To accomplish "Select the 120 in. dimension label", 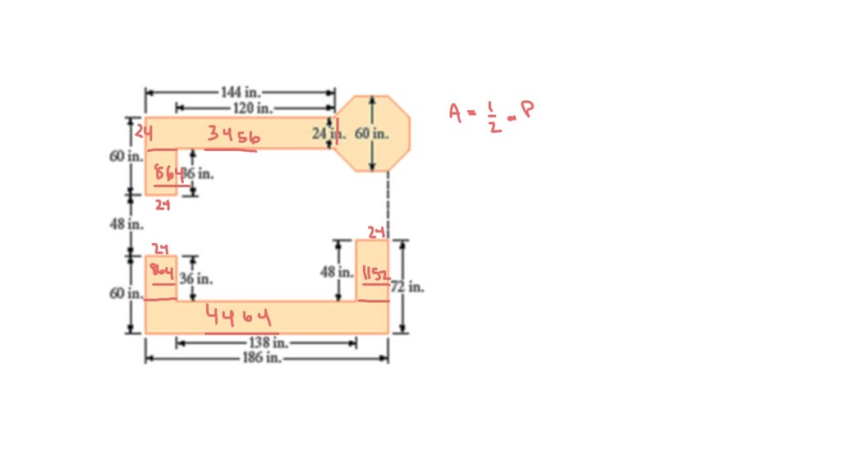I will pos(252,108).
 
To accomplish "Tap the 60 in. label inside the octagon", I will pos(372,133).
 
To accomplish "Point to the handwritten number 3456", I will pos(233,135).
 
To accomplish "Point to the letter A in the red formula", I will pos(456,113).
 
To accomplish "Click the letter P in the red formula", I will pos(526,109).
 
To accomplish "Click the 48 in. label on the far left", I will pos(126,223).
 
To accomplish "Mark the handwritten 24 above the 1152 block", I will pos(375,232).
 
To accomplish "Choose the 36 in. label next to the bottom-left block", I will pos(196,279).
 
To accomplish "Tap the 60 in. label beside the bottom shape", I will pos(126,293).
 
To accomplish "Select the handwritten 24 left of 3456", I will pos(145,131).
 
